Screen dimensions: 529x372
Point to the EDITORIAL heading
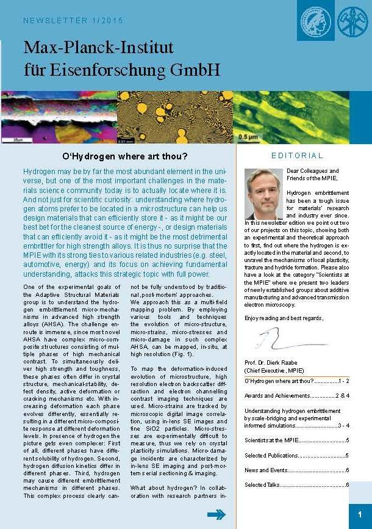click(x=297, y=156)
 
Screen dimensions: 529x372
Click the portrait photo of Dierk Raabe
click(x=263, y=194)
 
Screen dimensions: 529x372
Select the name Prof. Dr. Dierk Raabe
click(x=274, y=363)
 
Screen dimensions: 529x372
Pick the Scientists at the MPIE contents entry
click(x=296, y=440)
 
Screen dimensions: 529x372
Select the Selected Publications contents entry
click(x=296, y=455)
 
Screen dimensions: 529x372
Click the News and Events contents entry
click(x=296, y=470)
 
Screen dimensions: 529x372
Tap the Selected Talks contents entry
click(x=296, y=485)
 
